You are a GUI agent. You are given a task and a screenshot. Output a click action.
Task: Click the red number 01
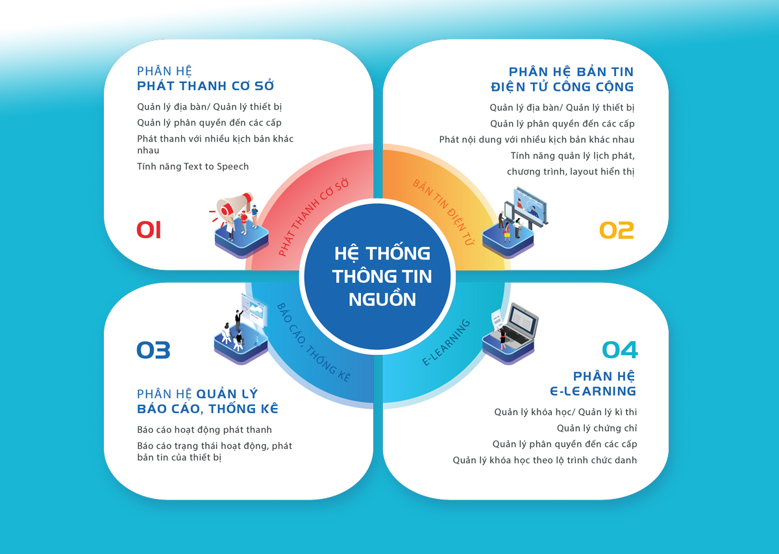[149, 230]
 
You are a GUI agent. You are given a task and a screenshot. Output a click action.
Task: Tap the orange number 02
[617, 230]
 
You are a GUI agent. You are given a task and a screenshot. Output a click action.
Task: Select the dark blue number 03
[153, 350]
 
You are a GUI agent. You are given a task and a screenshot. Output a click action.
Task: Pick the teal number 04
[620, 350]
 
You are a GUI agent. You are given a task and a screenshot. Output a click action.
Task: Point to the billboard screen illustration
[530, 205]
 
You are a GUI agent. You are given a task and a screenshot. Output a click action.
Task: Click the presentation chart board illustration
[254, 310]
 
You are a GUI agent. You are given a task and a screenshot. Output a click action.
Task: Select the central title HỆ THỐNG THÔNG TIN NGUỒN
[382, 276]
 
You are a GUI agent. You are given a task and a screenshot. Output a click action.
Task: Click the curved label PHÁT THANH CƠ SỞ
[314, 218]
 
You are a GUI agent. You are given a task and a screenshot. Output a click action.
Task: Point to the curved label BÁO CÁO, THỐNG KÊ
[314, 343]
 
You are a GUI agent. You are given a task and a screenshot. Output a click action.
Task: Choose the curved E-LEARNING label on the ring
[446, 343]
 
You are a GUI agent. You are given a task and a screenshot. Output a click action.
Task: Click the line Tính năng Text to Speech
[193, 167]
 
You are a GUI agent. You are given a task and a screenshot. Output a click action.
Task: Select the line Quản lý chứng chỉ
[597, 428]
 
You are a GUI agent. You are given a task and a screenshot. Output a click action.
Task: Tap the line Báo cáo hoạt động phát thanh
[204, 430]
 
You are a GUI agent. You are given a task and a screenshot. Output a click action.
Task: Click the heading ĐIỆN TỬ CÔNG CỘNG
[562, 87]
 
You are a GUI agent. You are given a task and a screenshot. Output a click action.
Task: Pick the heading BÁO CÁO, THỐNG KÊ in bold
[208, 409]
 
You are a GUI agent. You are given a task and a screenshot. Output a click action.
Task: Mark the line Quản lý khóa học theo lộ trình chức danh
[545, 460]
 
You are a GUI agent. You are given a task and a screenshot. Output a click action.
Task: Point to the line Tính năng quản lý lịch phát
[573, 156]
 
